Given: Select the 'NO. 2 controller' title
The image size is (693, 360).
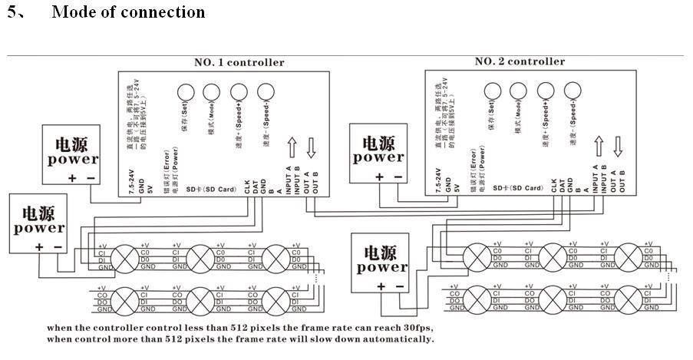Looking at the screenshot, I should click(520, 61).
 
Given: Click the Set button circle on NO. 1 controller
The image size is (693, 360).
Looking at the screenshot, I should click(185, 91).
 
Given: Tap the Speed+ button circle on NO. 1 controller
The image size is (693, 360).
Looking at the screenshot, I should click(238, 91).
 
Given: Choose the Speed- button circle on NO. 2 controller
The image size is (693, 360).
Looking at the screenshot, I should click(572, 91).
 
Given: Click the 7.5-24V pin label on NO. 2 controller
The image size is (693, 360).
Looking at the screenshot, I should click(438, 179).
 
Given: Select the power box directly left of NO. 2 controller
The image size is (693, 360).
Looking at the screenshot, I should click(378, 156).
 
